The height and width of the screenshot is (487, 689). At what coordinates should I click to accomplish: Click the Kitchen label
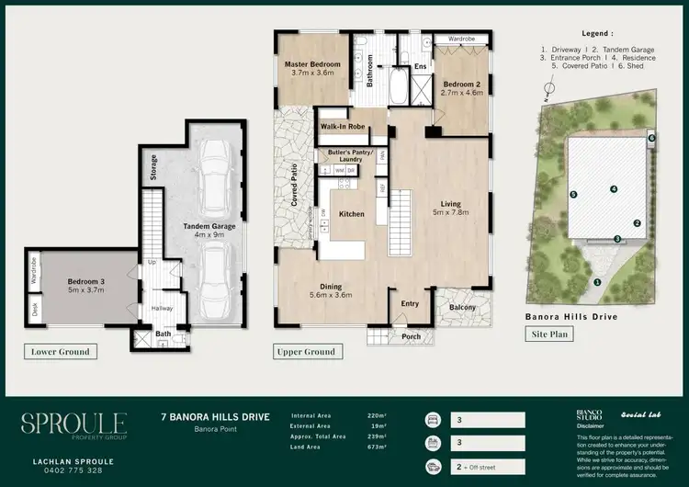coord(352,214)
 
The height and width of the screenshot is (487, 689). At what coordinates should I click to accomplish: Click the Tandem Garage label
coord(210,230)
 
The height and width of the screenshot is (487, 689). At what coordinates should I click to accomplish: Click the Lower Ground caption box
coord(62,351)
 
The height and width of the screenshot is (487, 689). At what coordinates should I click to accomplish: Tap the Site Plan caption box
coord(552,334)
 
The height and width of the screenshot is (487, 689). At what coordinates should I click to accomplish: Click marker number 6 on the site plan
coord(651,138)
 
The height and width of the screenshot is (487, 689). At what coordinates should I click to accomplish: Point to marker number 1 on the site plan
coord(597,282)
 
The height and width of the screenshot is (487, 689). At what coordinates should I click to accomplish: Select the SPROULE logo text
coord(73,424)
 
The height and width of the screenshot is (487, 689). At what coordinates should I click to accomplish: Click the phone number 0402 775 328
coord(73,470)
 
